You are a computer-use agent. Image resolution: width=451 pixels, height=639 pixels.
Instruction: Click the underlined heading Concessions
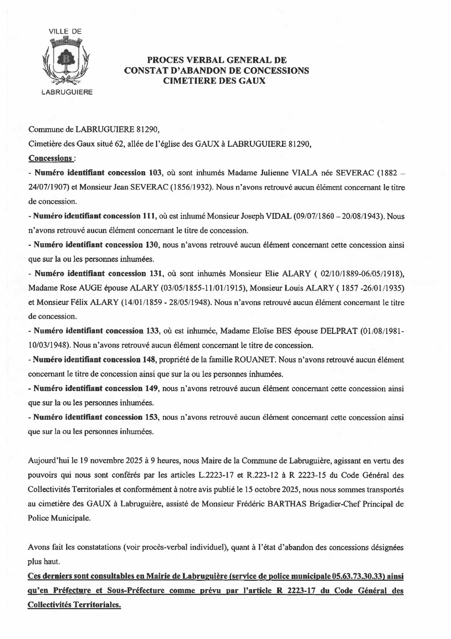[x=50, y=158]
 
